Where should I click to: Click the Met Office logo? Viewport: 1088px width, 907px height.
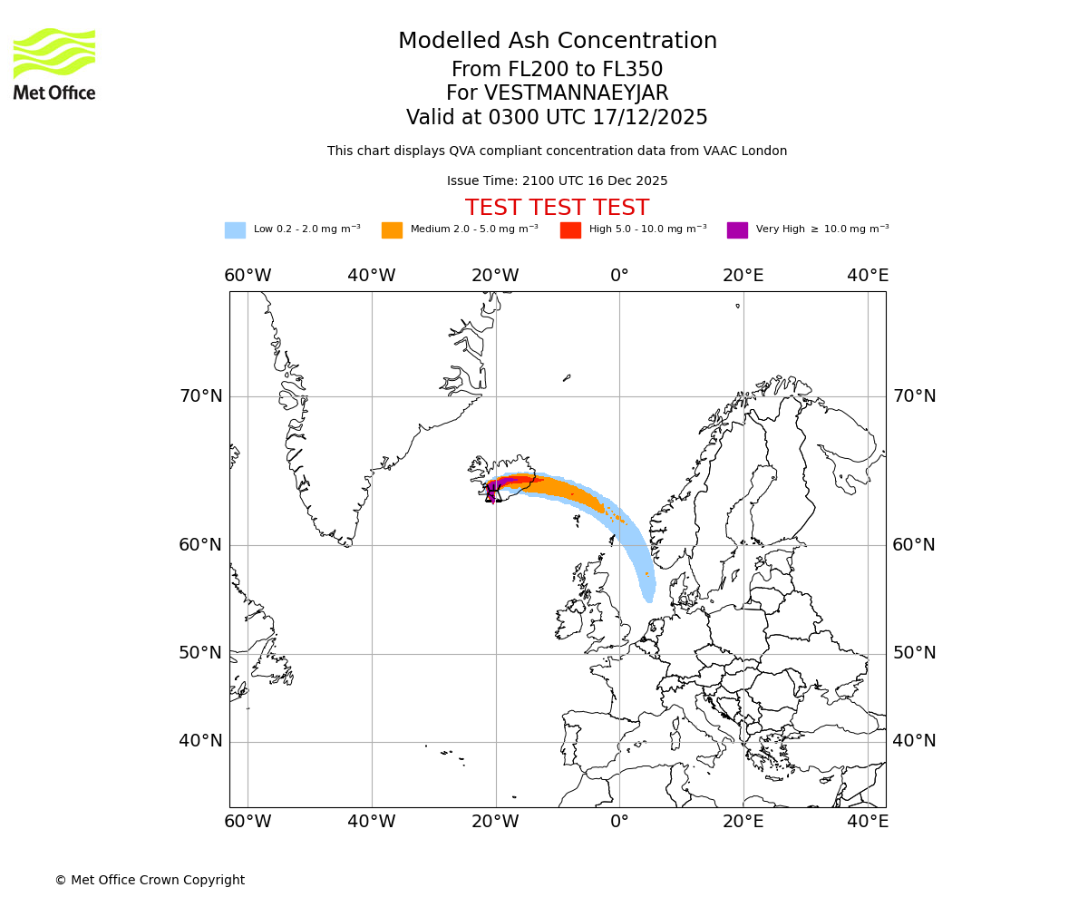(54, 63)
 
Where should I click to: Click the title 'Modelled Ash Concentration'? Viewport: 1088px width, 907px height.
(557, 42)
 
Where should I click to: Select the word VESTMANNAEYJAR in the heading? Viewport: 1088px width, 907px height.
(577, 93)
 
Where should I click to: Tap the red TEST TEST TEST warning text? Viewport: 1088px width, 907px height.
(557, 209)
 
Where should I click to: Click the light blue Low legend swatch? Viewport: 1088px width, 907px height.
(235, 230)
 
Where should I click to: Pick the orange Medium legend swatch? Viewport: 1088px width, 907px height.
(392, 230)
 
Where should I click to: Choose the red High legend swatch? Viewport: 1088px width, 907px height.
(570, 230)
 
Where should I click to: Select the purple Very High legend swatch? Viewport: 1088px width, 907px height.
(737, 230)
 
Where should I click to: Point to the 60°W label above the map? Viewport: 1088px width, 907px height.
(248, 276)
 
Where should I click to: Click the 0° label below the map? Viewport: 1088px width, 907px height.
(619, 822)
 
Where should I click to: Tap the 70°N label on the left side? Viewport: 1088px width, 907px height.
(200, 396)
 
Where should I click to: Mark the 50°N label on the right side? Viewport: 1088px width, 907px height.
(914, 653)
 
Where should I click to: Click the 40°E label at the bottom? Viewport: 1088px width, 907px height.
(868, 822)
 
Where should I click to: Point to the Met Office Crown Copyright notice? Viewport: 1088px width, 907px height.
(150, 881)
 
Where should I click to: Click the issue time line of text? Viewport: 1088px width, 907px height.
(557, 181)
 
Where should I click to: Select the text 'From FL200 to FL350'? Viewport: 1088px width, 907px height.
(557, 70)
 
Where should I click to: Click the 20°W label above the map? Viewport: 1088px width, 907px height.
(495, 276)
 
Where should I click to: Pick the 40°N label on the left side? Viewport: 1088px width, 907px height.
(200, 741)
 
